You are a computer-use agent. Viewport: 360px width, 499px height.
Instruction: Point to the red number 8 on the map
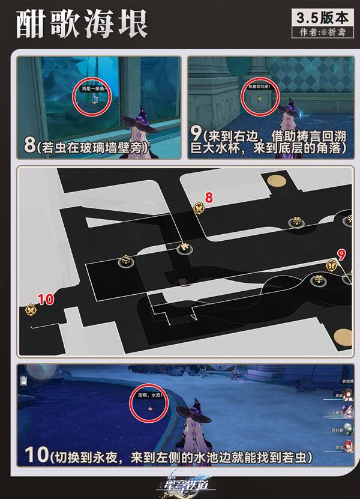(209, 197)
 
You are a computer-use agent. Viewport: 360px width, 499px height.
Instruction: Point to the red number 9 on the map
(341, 253)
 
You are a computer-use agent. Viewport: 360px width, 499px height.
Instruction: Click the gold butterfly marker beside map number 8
(199, 208)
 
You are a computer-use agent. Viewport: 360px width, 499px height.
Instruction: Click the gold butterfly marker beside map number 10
(31, 310)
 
